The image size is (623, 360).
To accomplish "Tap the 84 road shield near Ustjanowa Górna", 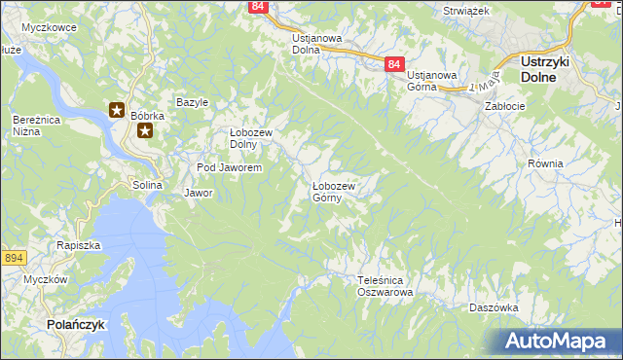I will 393,64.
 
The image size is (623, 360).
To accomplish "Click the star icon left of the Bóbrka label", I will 117,111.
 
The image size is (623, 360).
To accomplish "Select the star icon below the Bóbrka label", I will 145,130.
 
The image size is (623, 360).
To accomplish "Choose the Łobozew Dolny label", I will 250,139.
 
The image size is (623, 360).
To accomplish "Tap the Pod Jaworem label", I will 229,168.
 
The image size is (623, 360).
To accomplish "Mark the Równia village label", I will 545,163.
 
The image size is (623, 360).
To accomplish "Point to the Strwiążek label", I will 465,10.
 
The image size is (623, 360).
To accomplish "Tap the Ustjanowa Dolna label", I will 317,44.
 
